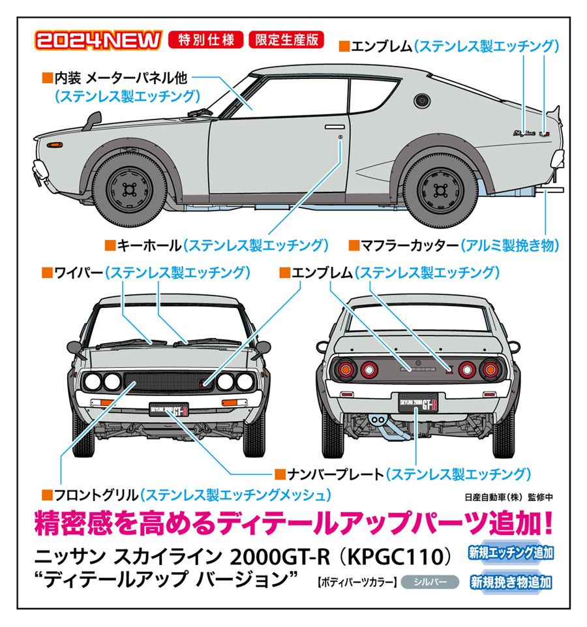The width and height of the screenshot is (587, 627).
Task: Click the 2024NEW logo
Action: (x=98, y=40)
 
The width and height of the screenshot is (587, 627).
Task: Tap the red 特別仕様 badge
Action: (x=205, y=40)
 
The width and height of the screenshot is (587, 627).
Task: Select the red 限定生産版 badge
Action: (x=286, y=40)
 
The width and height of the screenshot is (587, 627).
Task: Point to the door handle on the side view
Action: (x=335, y=127)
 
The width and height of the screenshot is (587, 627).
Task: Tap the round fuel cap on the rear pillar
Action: (x=421, y=100)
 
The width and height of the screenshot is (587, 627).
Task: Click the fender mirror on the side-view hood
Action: (x=93, y=120)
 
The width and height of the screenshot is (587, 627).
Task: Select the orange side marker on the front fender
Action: (x=54, y=144)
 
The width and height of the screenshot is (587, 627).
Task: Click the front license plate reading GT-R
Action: (x=169, y=410)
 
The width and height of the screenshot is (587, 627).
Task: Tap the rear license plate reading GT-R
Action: (x=418, y=403)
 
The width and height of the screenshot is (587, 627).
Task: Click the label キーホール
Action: (x=149, y=245)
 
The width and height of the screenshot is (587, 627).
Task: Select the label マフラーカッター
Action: (x=410, y=245)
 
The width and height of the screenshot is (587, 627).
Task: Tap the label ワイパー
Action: (x=78, y=273)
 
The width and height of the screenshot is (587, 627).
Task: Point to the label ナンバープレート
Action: (x=335, y=474)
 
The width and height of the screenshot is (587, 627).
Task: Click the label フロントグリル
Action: (x=96, y=495)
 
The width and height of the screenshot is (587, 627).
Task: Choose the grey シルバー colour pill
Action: (x=430, y=581)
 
